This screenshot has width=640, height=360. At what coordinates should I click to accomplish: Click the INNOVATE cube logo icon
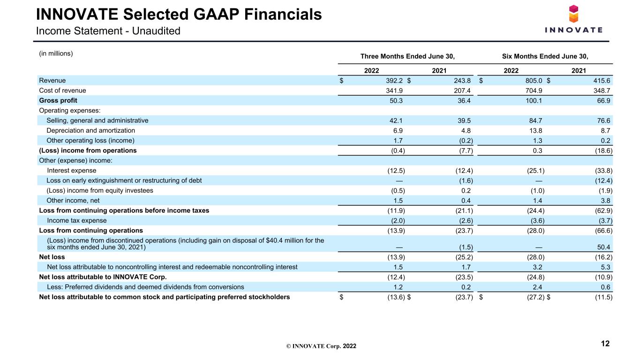[573, 14]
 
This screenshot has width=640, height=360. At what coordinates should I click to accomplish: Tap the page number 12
[605, 344]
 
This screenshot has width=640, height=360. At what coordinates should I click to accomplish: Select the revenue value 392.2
[394, 81]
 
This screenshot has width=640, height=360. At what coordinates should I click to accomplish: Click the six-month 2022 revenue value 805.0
[534, 81]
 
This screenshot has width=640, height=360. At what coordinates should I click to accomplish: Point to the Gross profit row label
[58, 101]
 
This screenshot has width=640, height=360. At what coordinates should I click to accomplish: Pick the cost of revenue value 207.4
[462, 90]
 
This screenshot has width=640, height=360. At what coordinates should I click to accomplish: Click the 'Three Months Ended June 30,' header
[407, 56]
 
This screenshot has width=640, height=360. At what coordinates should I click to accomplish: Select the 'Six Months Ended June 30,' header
[545, 56]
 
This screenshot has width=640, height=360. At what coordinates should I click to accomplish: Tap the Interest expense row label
[71, 171]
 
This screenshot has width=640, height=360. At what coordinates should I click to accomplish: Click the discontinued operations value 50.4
[603, 247]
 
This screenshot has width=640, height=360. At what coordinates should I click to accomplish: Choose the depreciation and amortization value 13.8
[535, 131]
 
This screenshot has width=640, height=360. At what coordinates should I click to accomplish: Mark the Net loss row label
[52, 257]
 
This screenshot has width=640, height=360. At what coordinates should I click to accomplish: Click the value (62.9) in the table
[603, 210]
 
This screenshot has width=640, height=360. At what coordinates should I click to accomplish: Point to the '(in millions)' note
[56, 53]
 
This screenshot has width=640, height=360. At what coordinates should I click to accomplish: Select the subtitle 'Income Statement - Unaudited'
[108, 31]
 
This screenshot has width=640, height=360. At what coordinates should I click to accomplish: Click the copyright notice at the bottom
[321, 346]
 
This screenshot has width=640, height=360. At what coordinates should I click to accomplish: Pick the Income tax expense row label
[76, 221]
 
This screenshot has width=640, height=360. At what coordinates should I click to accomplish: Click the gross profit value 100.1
[534, 101]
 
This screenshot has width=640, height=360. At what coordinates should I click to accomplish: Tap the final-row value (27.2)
[536, 297]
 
